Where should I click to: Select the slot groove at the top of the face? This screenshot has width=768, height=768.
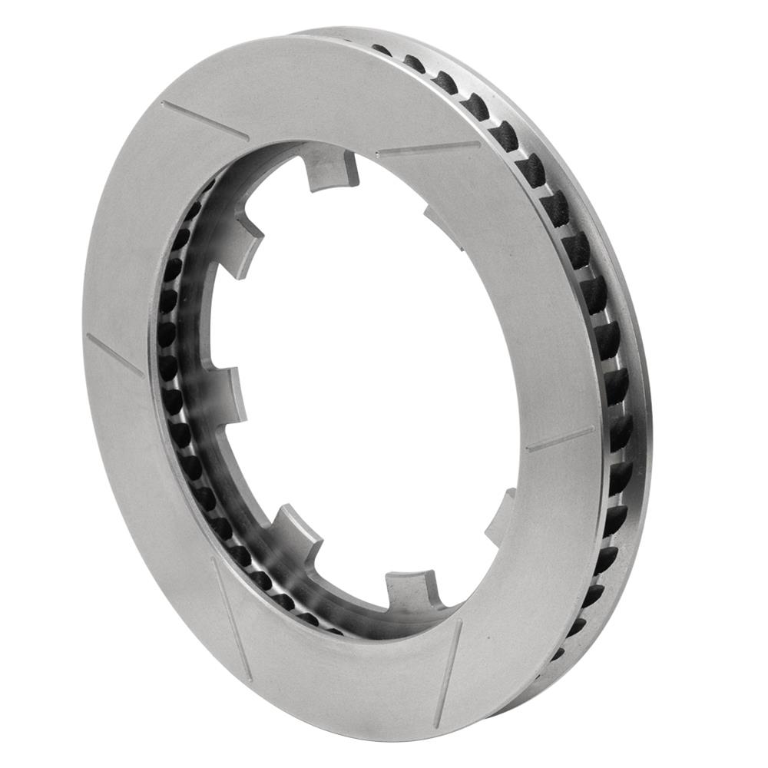coord(427,147)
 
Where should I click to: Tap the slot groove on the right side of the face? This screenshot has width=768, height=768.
coord(559,439)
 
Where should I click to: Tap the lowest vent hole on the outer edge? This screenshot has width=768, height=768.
coord(558,654)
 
